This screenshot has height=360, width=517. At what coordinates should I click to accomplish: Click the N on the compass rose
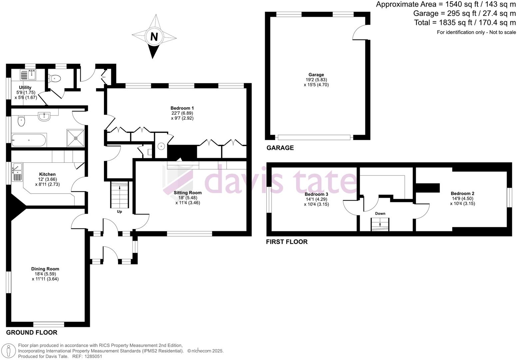pos(154,37)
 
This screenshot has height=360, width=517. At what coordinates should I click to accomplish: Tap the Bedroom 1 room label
pos(182,108)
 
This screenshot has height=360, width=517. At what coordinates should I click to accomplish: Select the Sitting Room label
pos(188,193)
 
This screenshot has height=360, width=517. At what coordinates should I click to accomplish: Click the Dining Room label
pos(45,269)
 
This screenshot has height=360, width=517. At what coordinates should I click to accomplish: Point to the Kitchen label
pos(47,174)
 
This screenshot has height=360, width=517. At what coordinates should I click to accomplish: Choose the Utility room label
pos(25,88)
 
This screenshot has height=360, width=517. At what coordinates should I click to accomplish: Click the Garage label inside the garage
pos(316,75)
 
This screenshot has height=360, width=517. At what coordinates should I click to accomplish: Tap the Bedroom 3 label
pos(316,194)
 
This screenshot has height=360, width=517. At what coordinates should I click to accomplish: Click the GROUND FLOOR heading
pos(32,332)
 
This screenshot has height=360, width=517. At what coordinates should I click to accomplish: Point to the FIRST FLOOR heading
pos(286,242)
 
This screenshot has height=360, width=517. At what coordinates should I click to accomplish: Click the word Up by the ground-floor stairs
pos(119,211)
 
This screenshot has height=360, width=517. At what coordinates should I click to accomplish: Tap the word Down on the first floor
pos(380,214)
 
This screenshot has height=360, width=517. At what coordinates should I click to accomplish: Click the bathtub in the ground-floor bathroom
pos(29,140)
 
